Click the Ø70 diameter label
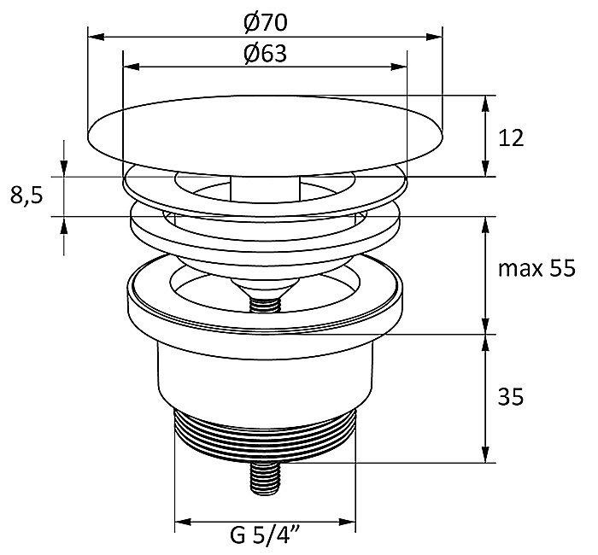[x=265, y=23]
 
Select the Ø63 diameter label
[x=265, y=54]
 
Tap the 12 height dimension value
[x=511, y=138]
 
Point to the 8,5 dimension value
[x=26, y=196]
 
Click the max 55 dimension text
[x=536, y=269]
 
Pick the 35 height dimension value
[x=511, y=398]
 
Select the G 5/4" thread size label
[x=265, y=535]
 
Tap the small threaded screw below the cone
[x=265, y=304]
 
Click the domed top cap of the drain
[x=265, y=135]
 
